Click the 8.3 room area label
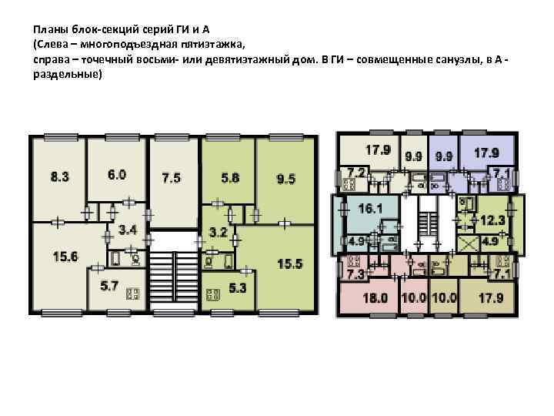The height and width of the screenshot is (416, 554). coord(59,176)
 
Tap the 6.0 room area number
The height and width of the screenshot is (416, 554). coord(117,175)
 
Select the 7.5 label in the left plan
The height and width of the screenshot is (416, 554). coord(172,178)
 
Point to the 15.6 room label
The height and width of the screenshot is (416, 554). coord(65,256)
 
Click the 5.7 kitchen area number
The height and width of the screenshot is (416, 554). coord(108,286)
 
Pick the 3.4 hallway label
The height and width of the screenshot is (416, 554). coord(128,230)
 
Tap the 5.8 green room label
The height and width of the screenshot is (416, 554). coord(230,178)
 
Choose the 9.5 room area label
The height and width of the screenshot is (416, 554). coord(285,179)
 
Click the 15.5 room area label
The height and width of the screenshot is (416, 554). coord(290,264)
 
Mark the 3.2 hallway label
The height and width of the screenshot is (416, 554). coord(218,233)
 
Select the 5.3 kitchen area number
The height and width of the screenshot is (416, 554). coord(238,288)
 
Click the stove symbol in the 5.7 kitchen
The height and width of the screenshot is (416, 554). coord(133,294)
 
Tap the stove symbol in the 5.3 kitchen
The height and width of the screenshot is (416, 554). coord(213,294)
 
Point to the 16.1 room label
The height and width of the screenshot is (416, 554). coord(370,208)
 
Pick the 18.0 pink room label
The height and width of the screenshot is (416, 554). coord(375,298)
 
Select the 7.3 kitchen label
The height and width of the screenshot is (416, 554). coord(355,274)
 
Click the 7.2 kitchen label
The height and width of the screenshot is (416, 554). coord(356,173)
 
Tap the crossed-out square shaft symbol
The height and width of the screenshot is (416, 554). coord(468,244)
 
